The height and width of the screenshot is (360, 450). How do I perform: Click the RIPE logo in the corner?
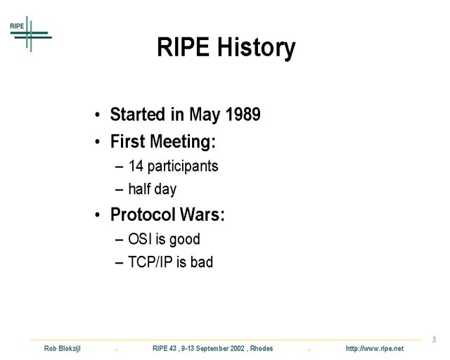coord(31,34)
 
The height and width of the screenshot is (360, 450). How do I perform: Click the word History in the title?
coord(256,48)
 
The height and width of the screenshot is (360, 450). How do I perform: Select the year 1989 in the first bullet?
coord(243,114)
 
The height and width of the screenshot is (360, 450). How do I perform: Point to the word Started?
coord(139,114)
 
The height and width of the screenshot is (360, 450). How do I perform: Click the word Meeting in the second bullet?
coord(183,142)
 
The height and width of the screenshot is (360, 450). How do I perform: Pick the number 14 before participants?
coord(136,166)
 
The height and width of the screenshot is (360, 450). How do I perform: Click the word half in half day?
coord(136,188)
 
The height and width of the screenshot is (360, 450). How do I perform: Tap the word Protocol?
coord(143,214)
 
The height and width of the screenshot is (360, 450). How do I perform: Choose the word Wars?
coord(202,214)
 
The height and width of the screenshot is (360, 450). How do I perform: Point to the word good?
coord(184,240)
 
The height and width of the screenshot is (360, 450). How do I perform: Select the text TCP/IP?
coord(150,262)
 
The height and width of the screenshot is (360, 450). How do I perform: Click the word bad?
coord(202,262)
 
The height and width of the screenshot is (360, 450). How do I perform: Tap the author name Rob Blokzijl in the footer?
coord(63,349)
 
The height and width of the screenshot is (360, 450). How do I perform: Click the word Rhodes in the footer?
coord(262,348)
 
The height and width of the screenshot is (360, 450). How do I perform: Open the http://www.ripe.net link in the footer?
coord(375,349)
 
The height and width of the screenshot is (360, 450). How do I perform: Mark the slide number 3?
coord(434,340)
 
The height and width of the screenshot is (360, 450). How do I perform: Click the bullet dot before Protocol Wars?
coord(97,215)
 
